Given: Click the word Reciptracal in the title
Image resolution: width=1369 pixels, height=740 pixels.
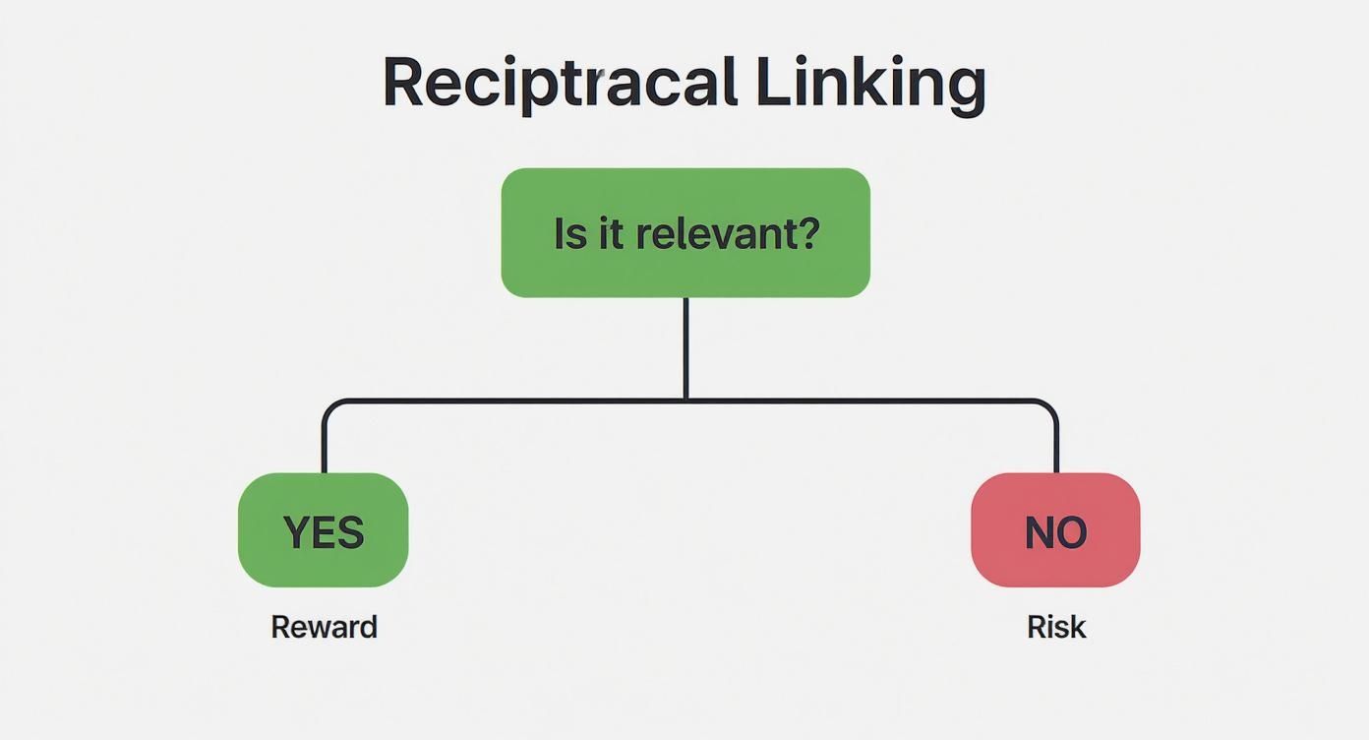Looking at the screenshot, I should (x=559, y=83).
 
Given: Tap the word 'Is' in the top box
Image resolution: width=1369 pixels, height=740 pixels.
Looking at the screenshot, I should (x=569, y=234).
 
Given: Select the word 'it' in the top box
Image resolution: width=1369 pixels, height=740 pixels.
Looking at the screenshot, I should (x=611, y=234).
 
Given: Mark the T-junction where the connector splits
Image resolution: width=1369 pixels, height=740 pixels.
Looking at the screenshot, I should (x=685, y=401).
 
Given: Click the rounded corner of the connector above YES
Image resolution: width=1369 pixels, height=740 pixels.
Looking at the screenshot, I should (x=329, y=406).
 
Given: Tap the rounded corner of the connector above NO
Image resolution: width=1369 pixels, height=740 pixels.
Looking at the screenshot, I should (x=1050, y=406).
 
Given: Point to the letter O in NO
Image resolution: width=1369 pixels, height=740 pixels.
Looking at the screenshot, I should (x=1072, y=532).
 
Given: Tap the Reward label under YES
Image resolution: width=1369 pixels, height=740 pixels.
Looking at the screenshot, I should (x=324, y=627).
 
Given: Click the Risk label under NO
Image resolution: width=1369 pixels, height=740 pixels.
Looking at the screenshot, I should (x=1056, y=627).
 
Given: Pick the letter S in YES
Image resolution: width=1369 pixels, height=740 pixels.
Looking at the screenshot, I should (x=350, y=532).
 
